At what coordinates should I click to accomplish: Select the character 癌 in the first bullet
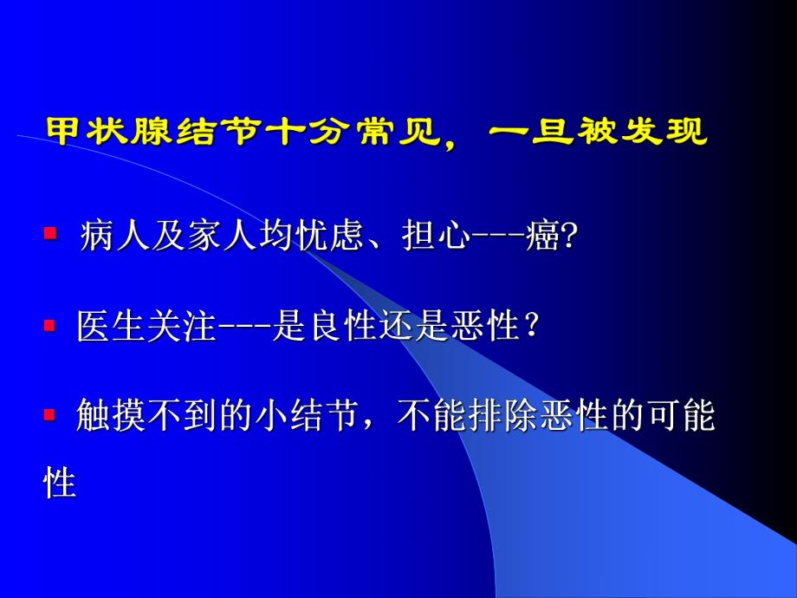click(545, 236)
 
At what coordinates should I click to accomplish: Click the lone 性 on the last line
click(61, 482)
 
